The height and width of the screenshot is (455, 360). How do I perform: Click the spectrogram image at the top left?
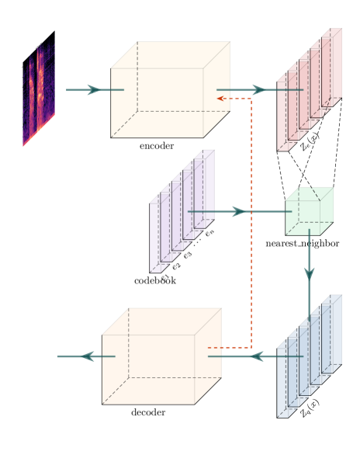(x=38, y=89)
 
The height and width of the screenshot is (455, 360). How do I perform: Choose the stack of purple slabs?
(x=181, y=212)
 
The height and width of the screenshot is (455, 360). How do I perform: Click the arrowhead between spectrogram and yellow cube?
(x=94, y=90)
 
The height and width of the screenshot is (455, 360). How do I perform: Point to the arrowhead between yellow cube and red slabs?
(x=255, y=90)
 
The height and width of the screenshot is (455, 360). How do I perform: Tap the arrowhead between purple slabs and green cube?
(x=238, y=211)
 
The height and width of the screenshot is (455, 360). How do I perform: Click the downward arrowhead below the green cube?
(x=309, y=273)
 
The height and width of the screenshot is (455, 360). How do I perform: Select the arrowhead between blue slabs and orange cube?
(x=254, y=356)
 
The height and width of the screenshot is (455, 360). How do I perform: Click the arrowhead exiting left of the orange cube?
(x=88, y=356)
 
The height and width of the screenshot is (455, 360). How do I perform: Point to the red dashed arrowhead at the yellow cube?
(x=220, y=99)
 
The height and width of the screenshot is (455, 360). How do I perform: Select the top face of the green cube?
(x=310, y=194)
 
